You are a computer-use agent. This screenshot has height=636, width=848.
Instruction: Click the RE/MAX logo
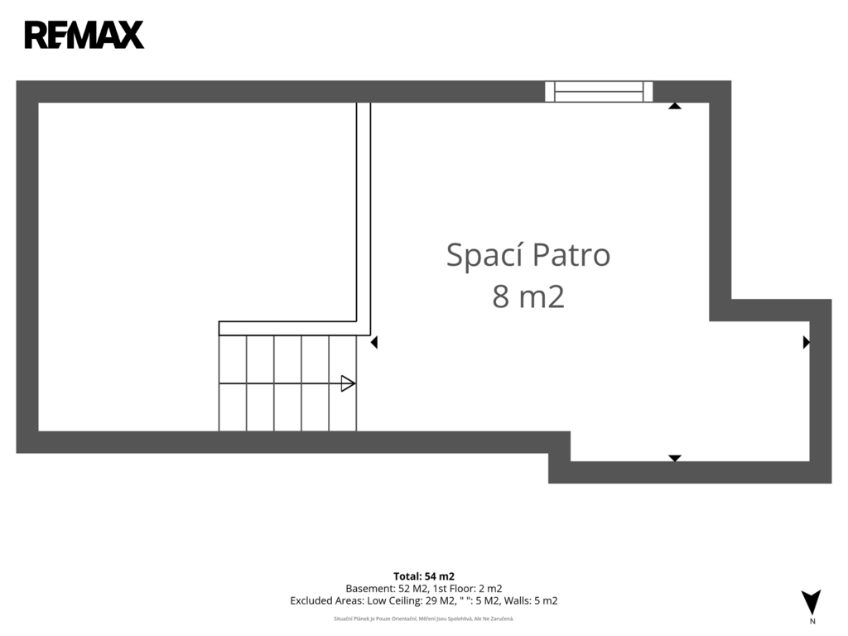click(x=84, y=35)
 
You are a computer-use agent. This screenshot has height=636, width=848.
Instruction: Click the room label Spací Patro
click(x=528, y=255)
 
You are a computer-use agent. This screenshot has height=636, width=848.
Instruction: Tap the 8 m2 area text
click(x=528, y=296)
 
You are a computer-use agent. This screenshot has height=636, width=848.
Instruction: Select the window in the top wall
click(x=599, y=91)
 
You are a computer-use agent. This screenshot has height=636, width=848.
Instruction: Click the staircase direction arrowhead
click(x=348, y=383)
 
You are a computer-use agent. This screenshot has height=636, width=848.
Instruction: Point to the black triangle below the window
click(x=674, y=106)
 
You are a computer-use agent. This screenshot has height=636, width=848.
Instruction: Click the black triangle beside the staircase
click(x=373, y=342)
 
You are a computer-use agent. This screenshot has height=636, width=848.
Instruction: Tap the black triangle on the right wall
click(x=807, y=342)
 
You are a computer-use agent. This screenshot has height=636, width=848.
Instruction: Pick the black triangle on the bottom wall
click(x=674, y=458)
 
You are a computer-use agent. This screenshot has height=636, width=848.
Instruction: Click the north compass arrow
click(x=812, y=602)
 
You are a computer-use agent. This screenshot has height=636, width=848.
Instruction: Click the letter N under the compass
click(x=812, y=621)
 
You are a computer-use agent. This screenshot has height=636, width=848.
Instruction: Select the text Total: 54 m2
click(x=424, y=576)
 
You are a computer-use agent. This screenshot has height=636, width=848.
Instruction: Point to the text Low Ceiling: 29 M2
click(x=412, y=601)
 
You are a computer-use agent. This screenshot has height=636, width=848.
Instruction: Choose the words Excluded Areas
click(x=326, y=601)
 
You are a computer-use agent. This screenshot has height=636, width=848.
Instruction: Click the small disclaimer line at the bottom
click(x=424, y=619)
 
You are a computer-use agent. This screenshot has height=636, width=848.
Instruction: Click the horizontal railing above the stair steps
click(x=287, y=328)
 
